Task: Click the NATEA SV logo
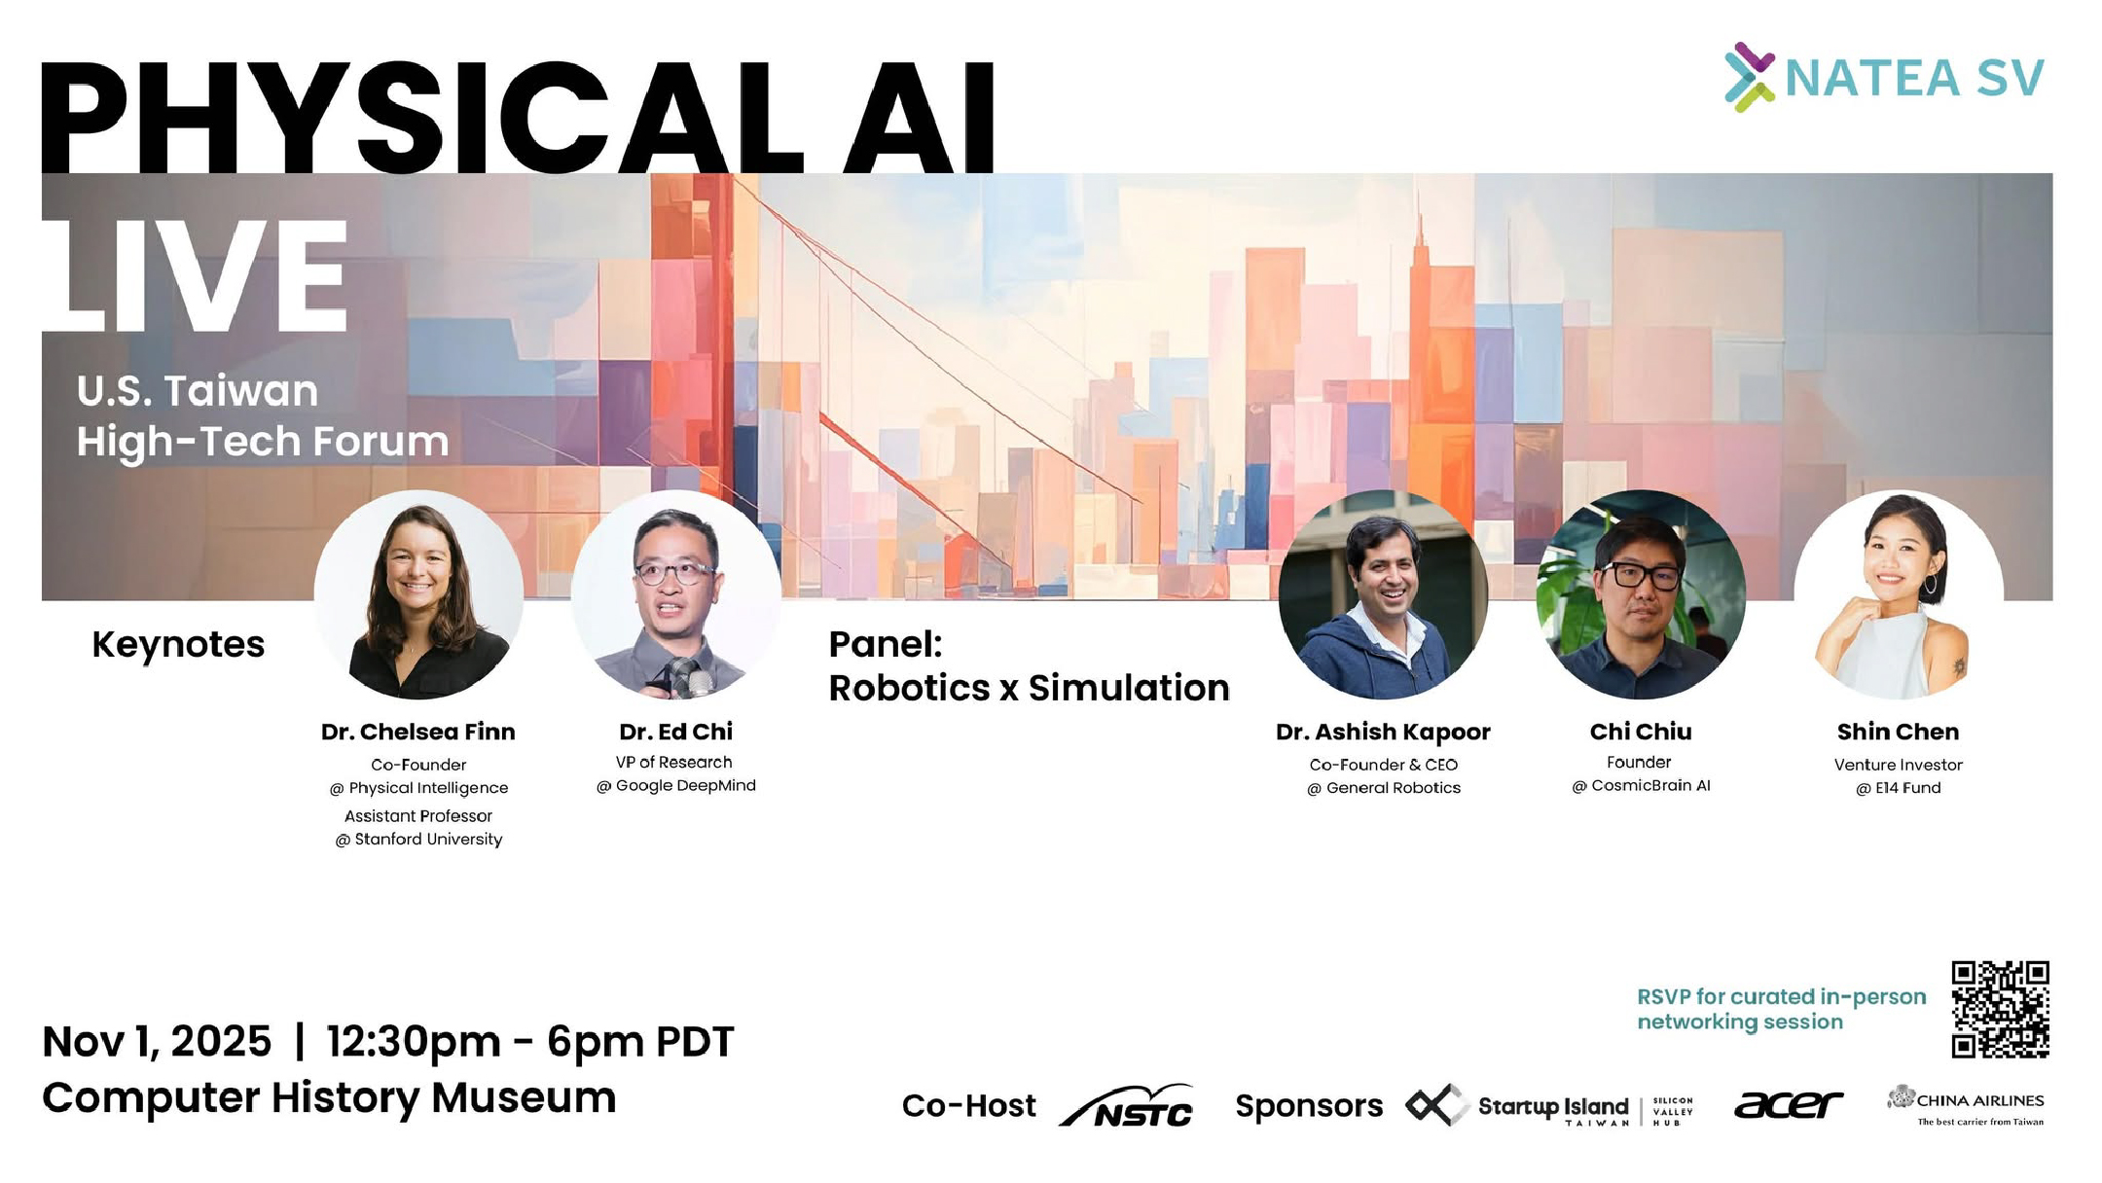(1884, 77)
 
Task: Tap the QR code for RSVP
(2000, 1009)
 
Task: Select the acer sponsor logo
(1789, 1104)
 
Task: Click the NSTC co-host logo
(1126, 1105)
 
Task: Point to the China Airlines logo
(1966, 1105)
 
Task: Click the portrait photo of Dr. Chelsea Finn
(418, 594)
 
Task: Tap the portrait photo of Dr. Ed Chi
(675, 594)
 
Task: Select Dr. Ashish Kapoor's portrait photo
(1383, 594)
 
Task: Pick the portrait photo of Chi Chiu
(1641, 594)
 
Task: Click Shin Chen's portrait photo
(1899, 594)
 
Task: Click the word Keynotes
(178, 645)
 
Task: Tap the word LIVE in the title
(195, 276)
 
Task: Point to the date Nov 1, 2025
(157, 1042)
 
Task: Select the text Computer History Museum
(329, 1098)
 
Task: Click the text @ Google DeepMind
(675, 786)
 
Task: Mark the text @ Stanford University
(418, 840)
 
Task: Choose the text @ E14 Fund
(1898, 788)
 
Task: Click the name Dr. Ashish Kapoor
(1383, 732)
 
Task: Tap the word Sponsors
(1309, 1106)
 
